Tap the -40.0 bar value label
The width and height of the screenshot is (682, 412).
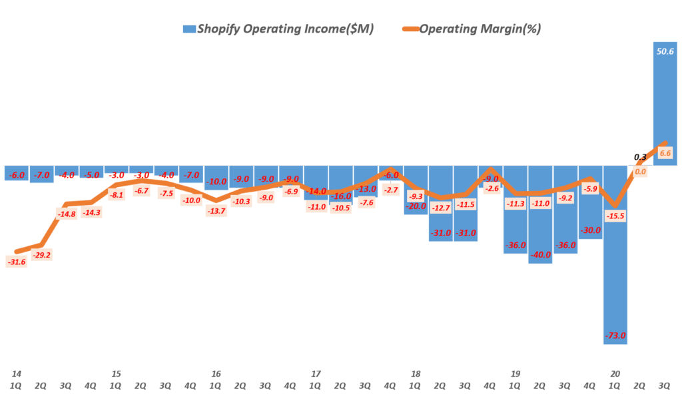tap(540, 255)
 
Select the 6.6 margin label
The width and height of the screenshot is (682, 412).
tap(665, 153)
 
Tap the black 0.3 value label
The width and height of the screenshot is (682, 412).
tap(640, 157)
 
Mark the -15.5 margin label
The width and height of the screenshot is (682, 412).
tap(615, 216)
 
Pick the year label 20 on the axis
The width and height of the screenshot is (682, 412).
tap(615, 374)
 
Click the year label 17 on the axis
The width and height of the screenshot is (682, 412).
tap(316, 374)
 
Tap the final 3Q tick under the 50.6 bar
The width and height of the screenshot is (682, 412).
tap(665, 385)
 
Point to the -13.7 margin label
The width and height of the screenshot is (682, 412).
tap(215, 210)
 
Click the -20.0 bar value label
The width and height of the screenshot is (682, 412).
tap(415, 206)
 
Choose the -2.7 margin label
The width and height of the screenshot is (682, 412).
tap(390, 190)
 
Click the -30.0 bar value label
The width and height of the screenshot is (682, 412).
tap(590, 230)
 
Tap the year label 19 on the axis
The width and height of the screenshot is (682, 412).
tap(515, 374)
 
